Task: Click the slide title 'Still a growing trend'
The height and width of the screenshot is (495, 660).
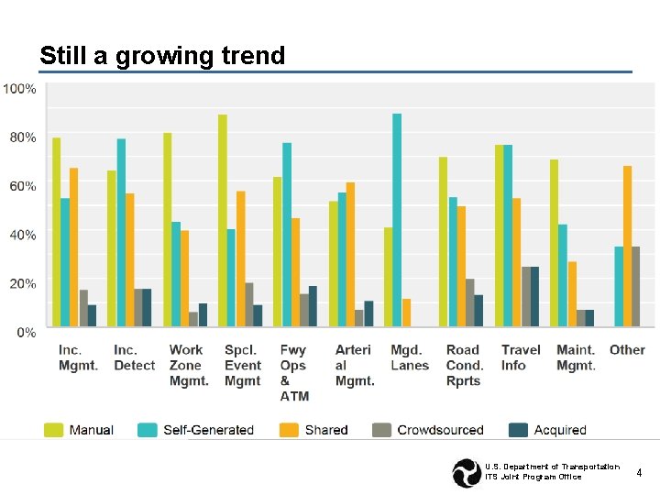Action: (162, 56)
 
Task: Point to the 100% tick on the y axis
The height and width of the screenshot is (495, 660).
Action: (20, 89)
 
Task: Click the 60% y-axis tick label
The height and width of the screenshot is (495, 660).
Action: (23, 186)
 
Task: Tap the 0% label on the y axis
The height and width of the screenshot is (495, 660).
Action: (26, 332)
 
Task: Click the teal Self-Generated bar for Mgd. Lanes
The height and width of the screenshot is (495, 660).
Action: (397, 219)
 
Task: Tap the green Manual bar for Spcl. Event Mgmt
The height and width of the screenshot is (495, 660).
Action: (223, 220)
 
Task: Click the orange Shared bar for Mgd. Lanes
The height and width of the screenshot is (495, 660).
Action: (406, 312)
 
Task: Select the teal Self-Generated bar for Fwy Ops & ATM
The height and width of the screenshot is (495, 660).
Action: (287, 234)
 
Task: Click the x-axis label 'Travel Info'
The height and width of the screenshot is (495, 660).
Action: (521, 357)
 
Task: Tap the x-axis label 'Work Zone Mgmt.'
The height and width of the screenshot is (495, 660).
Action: (188, 365)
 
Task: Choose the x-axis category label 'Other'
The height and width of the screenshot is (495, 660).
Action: (627, 350)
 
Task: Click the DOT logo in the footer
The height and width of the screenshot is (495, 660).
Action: (466, 472)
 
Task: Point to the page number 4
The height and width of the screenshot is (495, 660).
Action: (639, 471)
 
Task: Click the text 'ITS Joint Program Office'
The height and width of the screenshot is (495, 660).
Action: (533, 477)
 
